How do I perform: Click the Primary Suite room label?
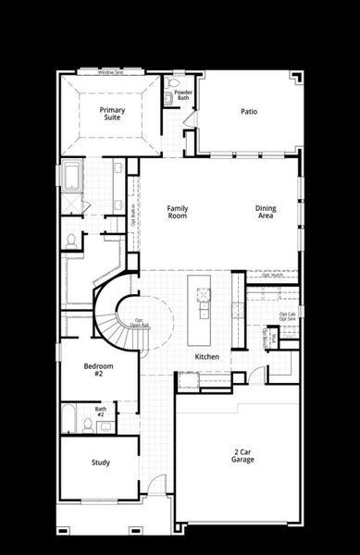pos(113,113)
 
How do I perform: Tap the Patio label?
pos(249,112)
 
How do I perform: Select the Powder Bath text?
pos(183,94)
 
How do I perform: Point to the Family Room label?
pos(177,212)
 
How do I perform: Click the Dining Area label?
pos(266,212)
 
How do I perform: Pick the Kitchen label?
pos(207,356)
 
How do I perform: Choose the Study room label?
pos(101,462)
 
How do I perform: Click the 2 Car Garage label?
pos(242,455)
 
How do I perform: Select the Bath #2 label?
pos(100,411)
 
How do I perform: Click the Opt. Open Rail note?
pos(140,323)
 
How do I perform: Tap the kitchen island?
pos(201,297)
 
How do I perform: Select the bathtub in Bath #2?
pos(71,418)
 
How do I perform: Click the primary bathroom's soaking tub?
pos(70,175)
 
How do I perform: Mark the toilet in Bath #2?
pos(88,424)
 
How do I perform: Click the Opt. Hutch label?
pos(273,275)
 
